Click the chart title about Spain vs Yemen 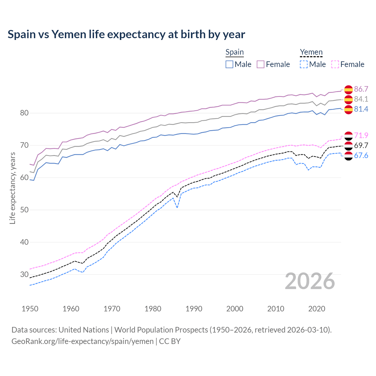pos(126,34)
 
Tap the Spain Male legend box pos(229,64)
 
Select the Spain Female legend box pos(261,64)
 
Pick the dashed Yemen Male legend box pos(304,64)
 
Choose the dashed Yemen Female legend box pos(335,64)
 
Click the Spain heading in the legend pos(234,52)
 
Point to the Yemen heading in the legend pos(311,52)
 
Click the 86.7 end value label pos(361,89)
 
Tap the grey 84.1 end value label pos(361,99)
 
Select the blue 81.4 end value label pos(361,109)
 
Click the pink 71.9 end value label pos(361,135)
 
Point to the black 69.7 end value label pos(361,145)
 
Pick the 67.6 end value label pos(361,155)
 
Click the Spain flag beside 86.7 pos(348,89)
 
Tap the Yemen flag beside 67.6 pos(348,156)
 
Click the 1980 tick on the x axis pos(153,309)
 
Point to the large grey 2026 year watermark pos(310,281)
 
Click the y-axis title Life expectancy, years pos(13,188)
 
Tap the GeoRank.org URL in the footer pos(83,341)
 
